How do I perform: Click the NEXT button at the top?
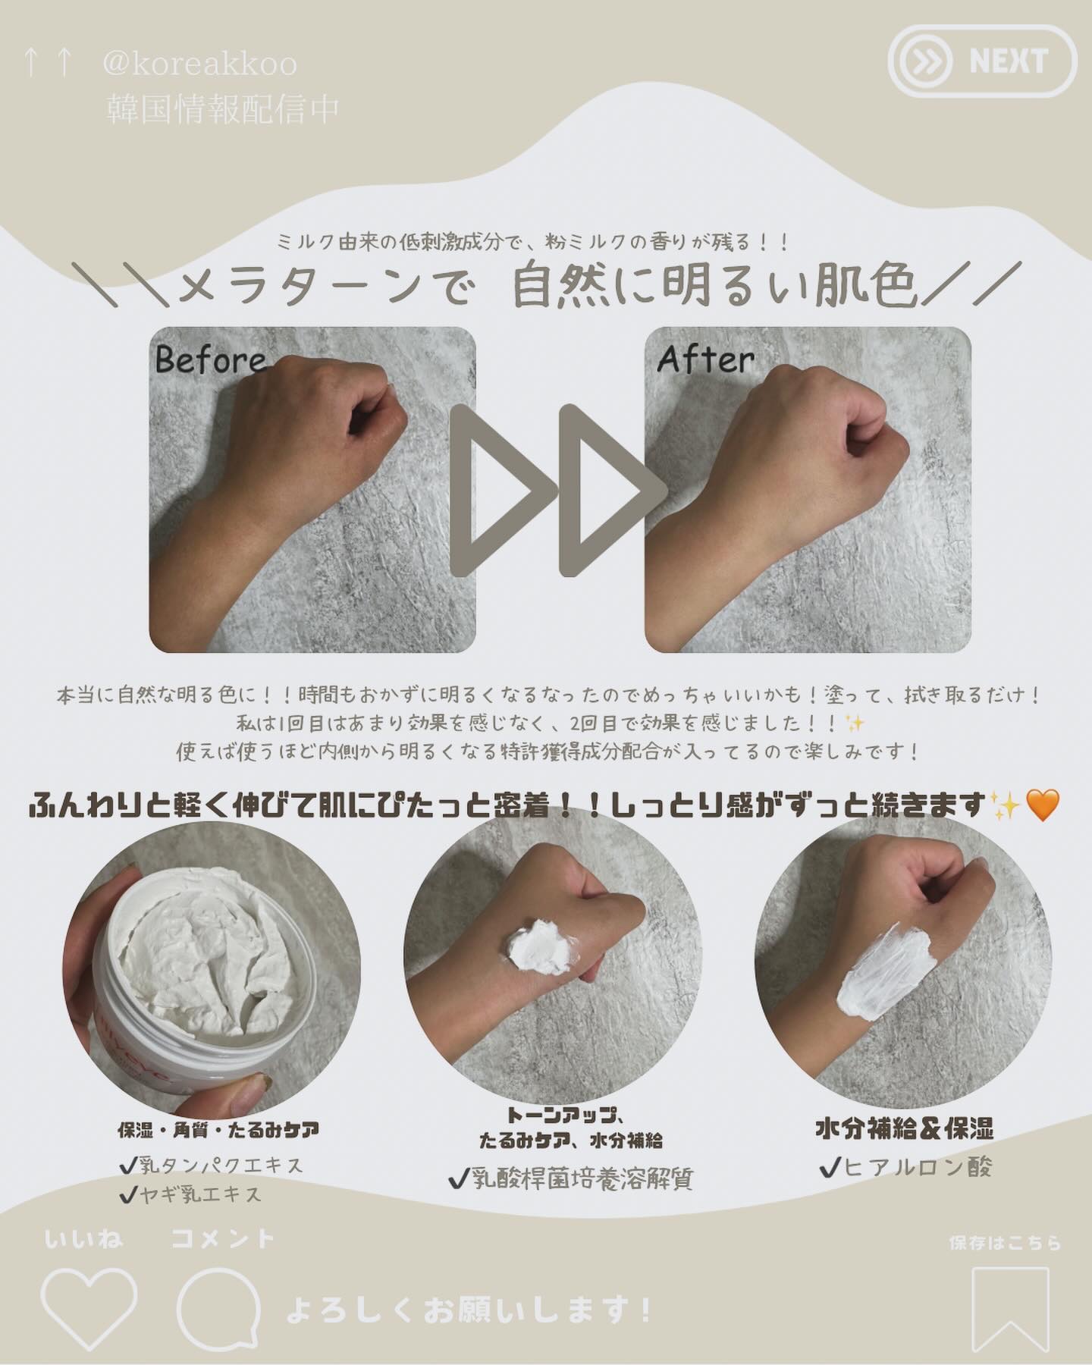(x=982, y=61)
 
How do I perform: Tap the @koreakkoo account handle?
(x=199, y=64)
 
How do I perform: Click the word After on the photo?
(x=705, y=359)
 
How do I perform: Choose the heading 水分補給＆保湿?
(x=904, y=1129)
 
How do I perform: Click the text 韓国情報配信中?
(x=222, y=109)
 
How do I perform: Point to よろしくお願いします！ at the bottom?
(x=469, y=1310)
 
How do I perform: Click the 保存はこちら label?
(x=1005, y=1243)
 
